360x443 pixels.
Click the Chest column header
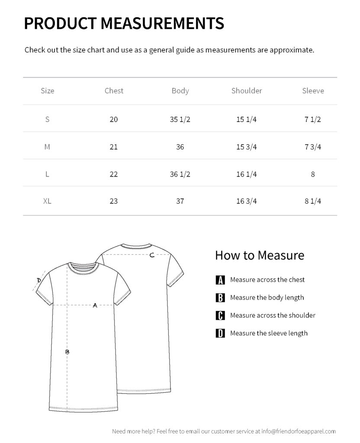pos(114,91)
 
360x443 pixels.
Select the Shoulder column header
pos(247,91)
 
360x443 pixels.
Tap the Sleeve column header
pos(313,91)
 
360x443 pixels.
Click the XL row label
pos(47,201)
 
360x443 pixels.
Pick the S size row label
pos(47,119)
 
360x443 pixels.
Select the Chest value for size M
pos(114,147)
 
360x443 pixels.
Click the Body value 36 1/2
pos(180,174)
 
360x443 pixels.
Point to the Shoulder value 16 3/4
pos(247,201)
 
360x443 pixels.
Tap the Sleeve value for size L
pos(313,174)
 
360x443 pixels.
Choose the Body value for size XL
pos(180,201)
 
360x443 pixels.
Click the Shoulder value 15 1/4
pos(247,119)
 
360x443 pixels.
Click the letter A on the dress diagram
pos(95,305)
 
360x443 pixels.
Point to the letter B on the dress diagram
pos(67,352)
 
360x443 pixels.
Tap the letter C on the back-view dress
pos(152,255)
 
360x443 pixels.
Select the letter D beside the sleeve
pos(39,280)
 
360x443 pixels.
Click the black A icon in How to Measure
pos(220,280)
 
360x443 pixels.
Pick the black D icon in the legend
pos(220,334)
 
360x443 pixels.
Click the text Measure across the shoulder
pos(273,315)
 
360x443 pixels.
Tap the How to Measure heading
pos(260,255)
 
